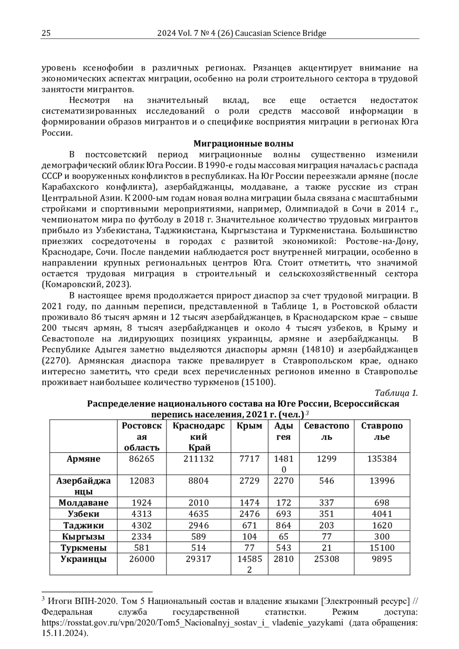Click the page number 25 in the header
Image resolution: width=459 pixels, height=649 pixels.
pyautogui.click(x=46, y=33)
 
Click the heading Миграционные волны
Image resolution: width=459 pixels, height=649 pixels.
pyautogui.click(x=243, y=144)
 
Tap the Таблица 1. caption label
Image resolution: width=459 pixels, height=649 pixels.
pyautogui.click(x=396, y=393)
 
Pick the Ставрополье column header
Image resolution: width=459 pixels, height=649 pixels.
pyautogui.click(x=382, y=431)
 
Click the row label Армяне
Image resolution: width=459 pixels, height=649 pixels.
pyautogui.click(x=83, y=459)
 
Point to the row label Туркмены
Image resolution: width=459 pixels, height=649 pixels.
pyautogui.click(x=83, y=548)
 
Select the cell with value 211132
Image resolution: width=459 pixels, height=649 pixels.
pyautogui.click(x=199, y=459)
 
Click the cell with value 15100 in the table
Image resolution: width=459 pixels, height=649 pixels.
pyautogui.click(x=382, y=548)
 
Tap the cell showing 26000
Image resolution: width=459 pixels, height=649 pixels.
pyautogui.click(x=142, y=559)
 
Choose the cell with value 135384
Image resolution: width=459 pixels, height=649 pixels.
pyautogui.click(x=382, y=459)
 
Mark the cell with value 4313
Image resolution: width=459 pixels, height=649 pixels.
pyautogui.click(x=142, y=514)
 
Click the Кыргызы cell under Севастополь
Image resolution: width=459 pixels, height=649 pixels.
pyautogui.click(x=327, y=536)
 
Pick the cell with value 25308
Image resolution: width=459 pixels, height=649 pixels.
pyautogui.click(x=327, y=559)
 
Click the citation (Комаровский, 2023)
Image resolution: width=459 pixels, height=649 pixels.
pyautogui.click(x=86, y=285)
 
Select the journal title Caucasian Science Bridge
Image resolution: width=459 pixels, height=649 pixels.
pyautogui.click(x=280, y=33)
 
